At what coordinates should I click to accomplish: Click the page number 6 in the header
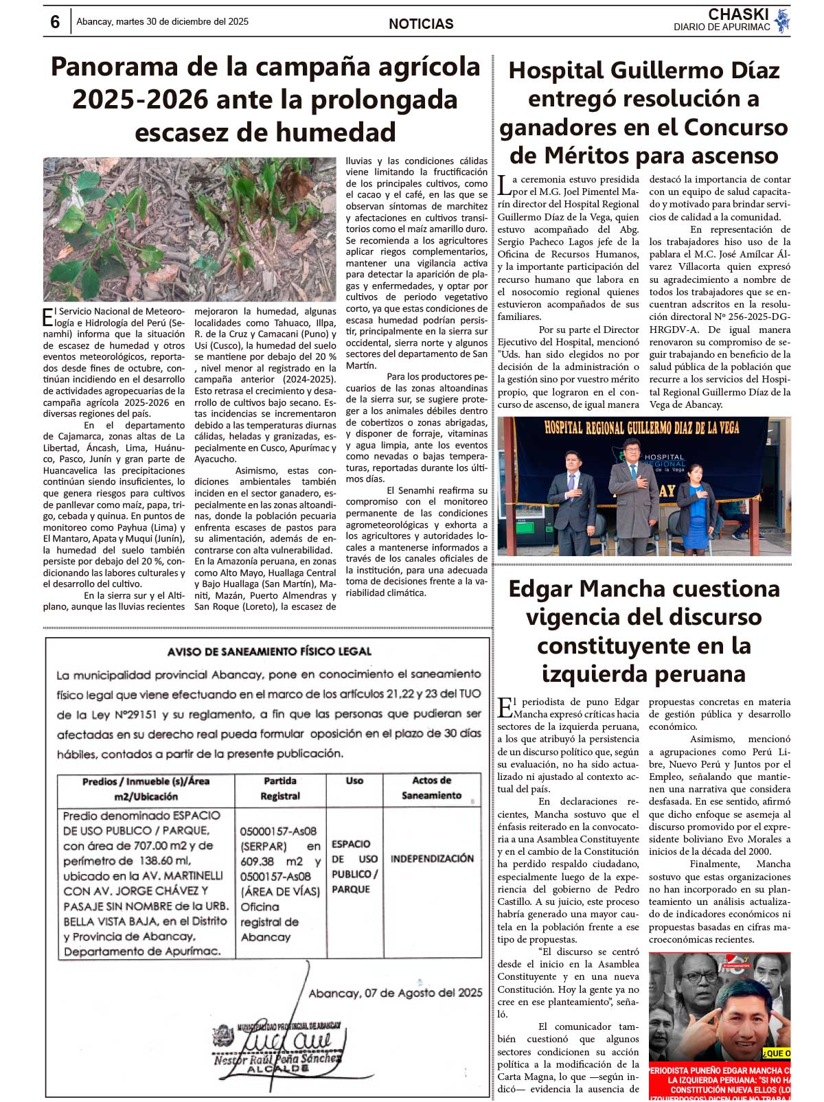point(55,22)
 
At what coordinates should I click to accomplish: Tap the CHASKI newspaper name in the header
point(738,14)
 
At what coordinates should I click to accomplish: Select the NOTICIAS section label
point(421,24)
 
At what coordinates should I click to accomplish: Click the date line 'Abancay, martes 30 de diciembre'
point(162,22)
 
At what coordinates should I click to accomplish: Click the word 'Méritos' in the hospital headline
point(596,156)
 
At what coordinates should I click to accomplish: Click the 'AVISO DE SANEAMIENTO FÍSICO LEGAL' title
point(269,651)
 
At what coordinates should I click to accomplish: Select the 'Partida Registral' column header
point(280,788)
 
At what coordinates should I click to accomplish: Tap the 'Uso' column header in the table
point(354,781)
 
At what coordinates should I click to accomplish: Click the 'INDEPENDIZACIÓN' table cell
point(432,858)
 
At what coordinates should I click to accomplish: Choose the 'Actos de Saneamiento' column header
point(431,788)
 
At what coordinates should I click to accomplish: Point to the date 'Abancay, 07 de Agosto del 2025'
point(396,993)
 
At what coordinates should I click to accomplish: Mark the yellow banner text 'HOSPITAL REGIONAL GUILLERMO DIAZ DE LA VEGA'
point(641,428)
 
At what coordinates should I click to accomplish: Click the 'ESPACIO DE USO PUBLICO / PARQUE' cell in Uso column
point(354,866)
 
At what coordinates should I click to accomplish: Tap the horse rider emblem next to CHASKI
point(781,21)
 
